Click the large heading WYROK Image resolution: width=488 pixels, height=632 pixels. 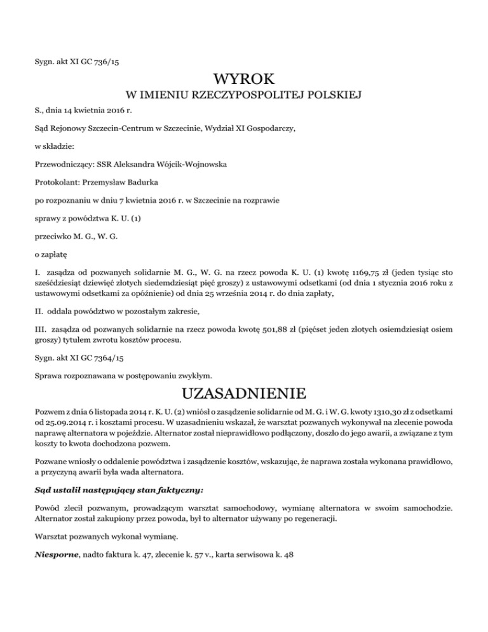coord(244,80)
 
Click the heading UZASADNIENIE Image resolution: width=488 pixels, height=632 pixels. coord(244,389)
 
